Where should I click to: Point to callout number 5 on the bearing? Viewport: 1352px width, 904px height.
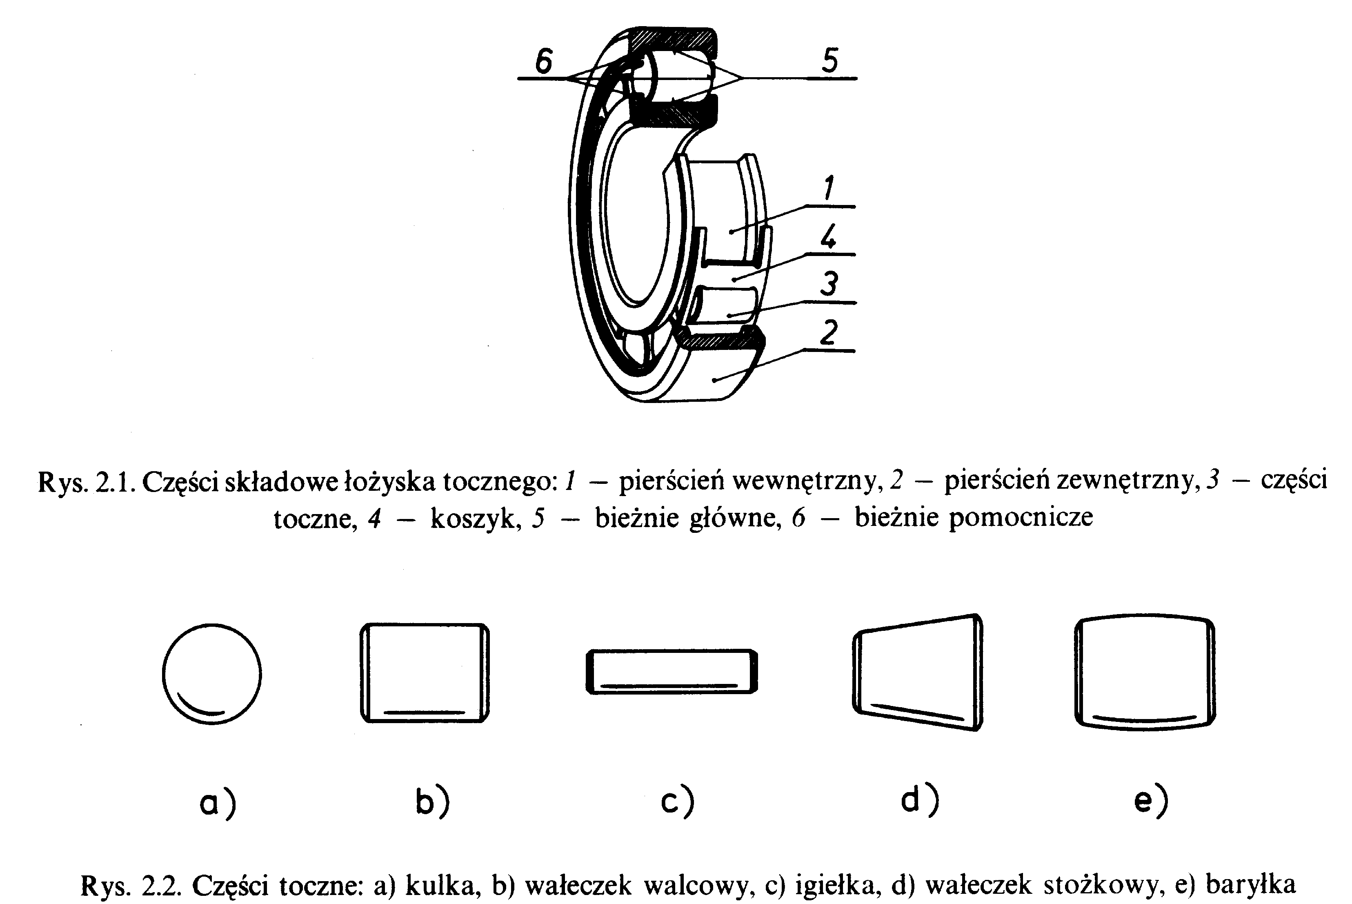click(x=830, y=60)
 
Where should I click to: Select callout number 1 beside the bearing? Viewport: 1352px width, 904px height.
click(x=828, y=188)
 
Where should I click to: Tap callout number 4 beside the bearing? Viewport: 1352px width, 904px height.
click(x=828, y=236)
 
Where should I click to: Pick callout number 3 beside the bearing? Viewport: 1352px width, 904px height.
click(x=829, y=284)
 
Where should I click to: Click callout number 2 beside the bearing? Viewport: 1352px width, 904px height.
click(x=829, y=333)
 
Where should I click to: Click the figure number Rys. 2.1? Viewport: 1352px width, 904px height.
click(x=87, y=482)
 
